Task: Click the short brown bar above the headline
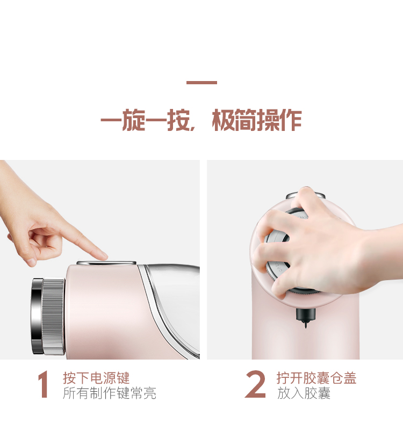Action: [201, 82]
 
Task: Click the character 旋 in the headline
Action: [134, 120]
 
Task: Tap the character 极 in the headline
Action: [223, 120]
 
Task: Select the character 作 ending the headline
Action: [291, 120]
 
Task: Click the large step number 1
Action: [43, 384]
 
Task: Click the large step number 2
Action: [255, 384]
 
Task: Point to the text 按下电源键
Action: [96, 378]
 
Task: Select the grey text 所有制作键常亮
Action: [109, 393]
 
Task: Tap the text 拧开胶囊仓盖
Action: [316, 378]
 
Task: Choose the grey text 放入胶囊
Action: [304, 393]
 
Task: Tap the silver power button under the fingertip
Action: [106, 263]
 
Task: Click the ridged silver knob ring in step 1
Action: [53, 317]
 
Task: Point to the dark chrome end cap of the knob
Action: [37, 316]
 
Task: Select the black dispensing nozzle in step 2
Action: [305, 317]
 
